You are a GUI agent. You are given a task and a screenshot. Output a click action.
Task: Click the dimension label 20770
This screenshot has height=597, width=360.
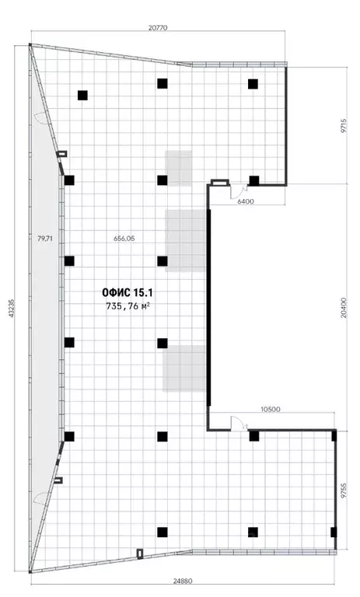[x=158, y=28]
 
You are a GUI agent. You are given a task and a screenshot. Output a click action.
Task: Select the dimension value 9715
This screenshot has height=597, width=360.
[x=344, y=125]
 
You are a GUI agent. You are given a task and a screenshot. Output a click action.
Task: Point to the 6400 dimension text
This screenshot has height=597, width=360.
[x=246, y=201]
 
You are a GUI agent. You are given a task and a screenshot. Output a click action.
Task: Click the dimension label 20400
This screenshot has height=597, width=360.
[x=344, y=308]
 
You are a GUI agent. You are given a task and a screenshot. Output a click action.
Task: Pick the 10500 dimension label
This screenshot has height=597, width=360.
[x=271, y=410]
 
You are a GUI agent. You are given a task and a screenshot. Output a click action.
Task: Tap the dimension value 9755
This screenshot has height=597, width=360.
[x=344, y=491]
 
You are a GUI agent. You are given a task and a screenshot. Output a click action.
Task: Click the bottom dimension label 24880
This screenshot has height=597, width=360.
[x=183, y=581]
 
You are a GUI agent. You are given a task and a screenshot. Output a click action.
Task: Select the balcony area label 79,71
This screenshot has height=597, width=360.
[x=45, y=239]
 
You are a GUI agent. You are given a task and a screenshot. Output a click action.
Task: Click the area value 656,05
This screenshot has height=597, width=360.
[x=124, y=239]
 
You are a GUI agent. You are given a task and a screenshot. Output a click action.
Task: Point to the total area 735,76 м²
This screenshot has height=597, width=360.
[x=128, y=305]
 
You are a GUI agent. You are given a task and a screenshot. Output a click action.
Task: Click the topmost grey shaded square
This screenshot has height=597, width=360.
[x=178, y=168]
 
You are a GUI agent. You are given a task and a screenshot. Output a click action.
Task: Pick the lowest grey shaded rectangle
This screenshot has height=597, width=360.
[x=184, y=368]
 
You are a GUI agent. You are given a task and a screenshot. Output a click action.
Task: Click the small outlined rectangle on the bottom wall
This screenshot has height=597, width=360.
[x=140, y=553]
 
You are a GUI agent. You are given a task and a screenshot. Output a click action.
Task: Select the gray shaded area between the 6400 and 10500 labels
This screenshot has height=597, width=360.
[x=186, y=240]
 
